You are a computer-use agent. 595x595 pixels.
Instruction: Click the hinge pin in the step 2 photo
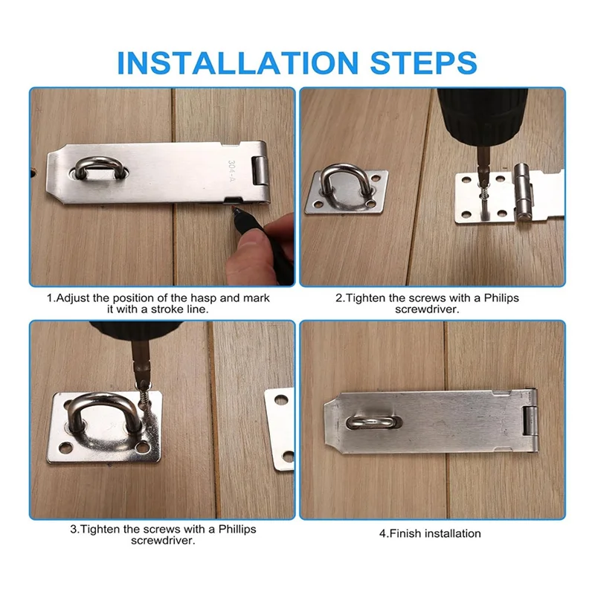[525, 194]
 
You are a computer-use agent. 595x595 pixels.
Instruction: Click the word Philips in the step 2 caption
[500, 297]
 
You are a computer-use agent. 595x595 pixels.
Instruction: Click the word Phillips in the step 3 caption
[231, 529]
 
